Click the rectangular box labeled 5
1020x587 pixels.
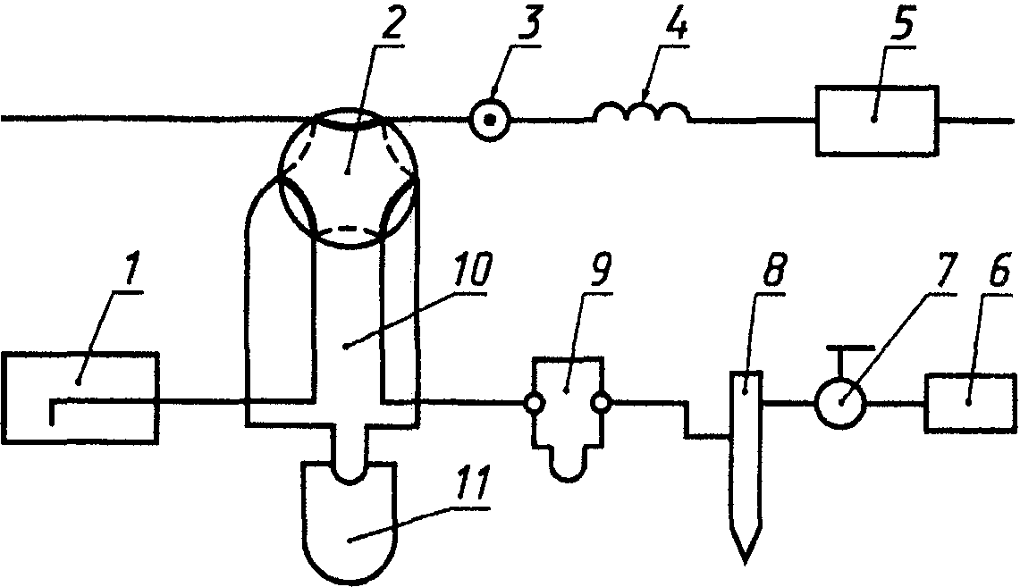click(x=876, y=121)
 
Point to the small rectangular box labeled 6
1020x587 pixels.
click(x=968, y=405)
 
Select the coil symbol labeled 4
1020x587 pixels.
click(x=642, y=113)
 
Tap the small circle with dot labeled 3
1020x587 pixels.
click(x=490, y=118)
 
